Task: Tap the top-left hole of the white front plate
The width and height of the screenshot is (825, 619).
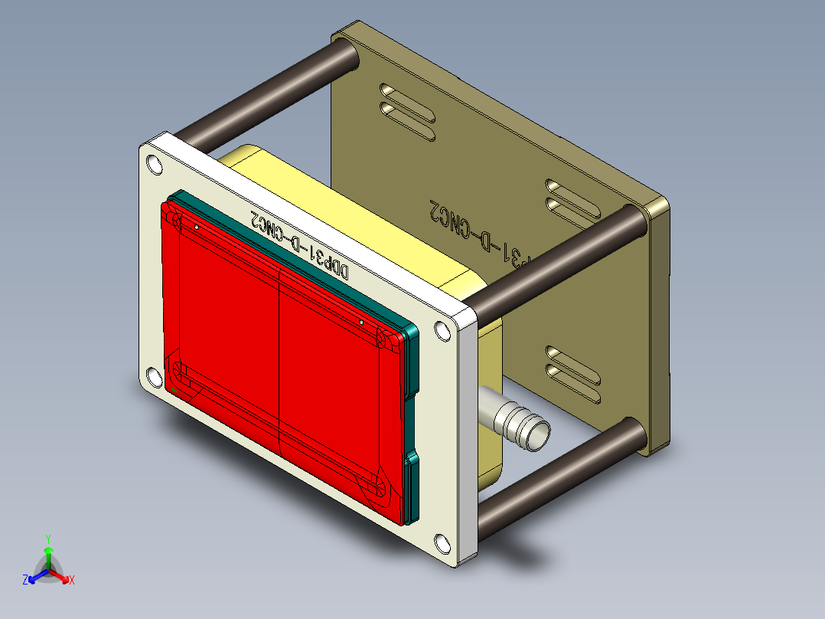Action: pyautogui.click(x=154, y=165)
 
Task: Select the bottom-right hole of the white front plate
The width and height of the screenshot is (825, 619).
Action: pyautogui.click(x=443, y=545)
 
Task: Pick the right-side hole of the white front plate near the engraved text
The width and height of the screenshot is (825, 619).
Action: pyautogui.click(x=442, y=332)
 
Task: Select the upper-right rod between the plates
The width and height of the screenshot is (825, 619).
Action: pyautogui.click(x=559, y=260)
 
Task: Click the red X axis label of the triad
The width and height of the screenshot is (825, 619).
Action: pyautogui.click(x=72, y=580)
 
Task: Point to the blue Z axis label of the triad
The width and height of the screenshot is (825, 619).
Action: pyautogui.click(x=25, y=581)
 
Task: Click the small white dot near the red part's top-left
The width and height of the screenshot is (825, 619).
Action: pyautogui.click(x=197, y=227)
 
